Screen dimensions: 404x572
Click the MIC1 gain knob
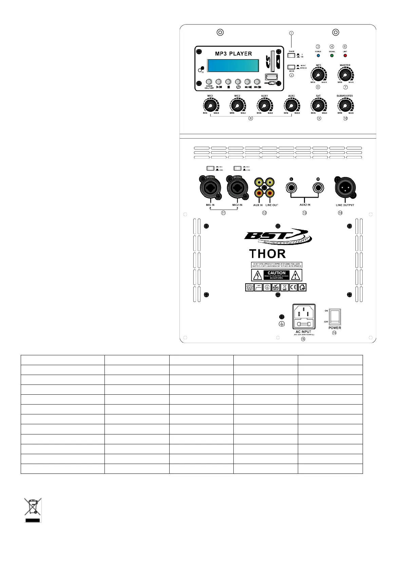pos(210,106)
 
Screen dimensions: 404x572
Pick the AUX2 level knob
pos(291,106)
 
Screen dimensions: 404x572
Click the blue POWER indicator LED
pos(318,55)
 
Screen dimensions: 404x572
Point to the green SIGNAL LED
pos(332,55)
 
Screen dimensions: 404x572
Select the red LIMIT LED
pos(345,55)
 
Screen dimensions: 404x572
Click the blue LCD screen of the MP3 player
pos(233,66)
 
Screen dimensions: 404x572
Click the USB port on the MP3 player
pos(271,77)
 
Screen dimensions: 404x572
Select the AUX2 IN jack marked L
pos(291,187)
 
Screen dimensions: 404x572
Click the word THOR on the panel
pos(267,254)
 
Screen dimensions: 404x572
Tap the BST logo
pos(277,236)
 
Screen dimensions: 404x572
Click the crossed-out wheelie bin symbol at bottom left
pos(33,510)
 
